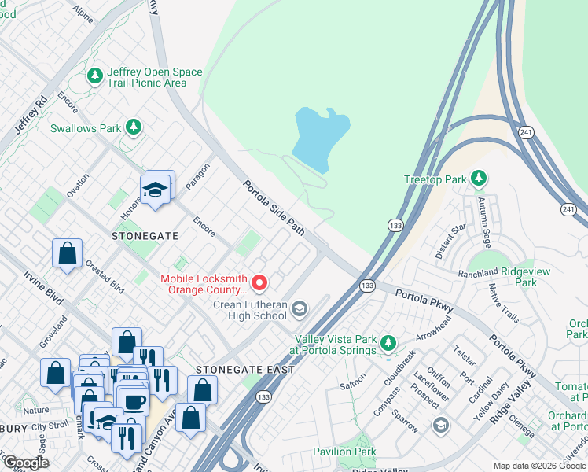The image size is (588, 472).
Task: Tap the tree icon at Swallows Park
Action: click(x=134, y=127)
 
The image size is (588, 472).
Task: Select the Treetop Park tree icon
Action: click(x=478, y=179)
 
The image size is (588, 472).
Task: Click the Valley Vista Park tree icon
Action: click(x=388, y=343)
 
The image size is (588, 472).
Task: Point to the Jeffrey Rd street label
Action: click(x=30, y=115)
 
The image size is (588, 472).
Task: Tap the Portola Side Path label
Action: click(x=273, y=208)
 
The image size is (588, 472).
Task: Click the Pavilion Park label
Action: click(x=344, y=452)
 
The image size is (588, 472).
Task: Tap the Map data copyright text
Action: click(x=539, y=466)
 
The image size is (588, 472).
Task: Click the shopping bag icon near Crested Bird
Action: click(x=68, y=253)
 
